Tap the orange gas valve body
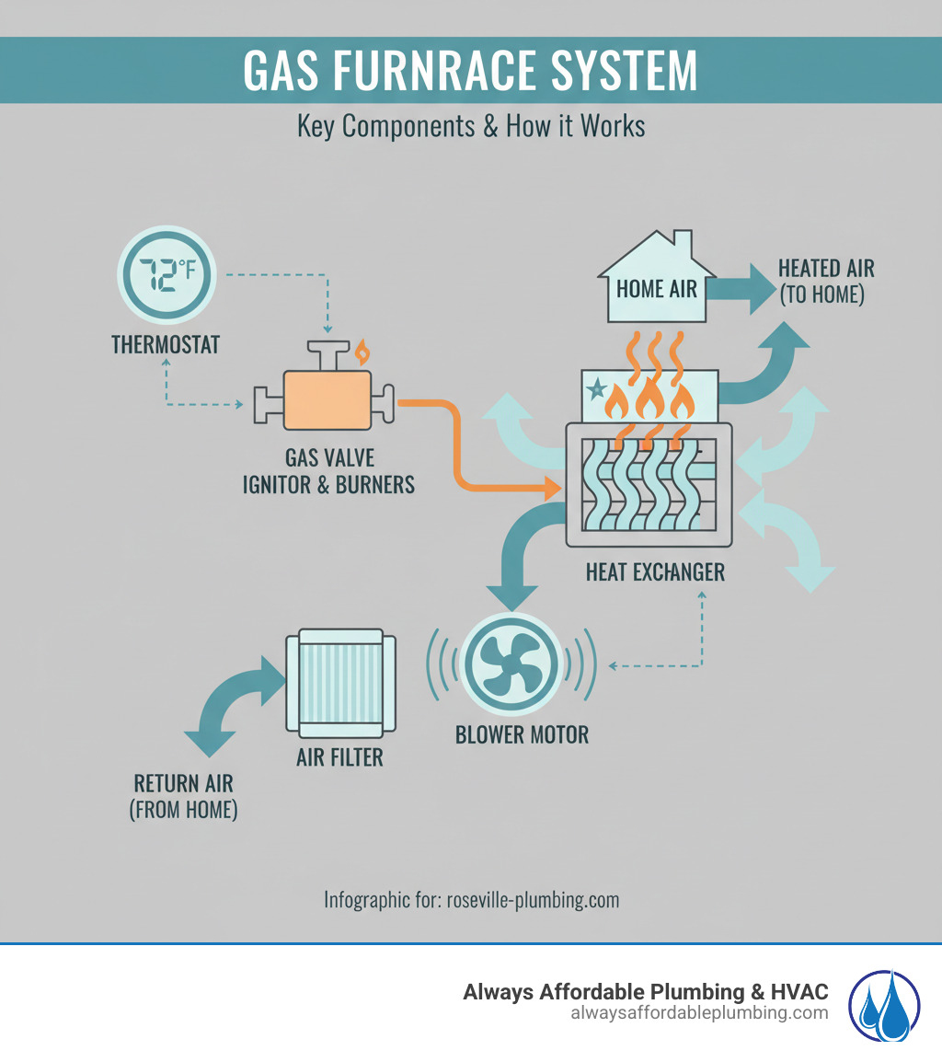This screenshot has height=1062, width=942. tap(327, 399)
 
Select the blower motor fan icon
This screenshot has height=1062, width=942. tap(511, 662)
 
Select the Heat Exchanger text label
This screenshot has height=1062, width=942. tap(655, 571)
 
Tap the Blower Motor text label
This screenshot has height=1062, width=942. tap(522, 734)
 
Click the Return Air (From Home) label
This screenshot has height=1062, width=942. tap(184, 797)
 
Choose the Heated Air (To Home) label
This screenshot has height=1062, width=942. tap(826, 282)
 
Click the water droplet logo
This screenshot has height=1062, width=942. tap(883, 1006)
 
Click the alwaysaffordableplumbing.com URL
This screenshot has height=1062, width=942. tap(699, 1012)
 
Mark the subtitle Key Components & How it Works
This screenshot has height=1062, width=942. tap(471, 125)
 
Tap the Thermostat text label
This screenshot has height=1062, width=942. tap(166, 344)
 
